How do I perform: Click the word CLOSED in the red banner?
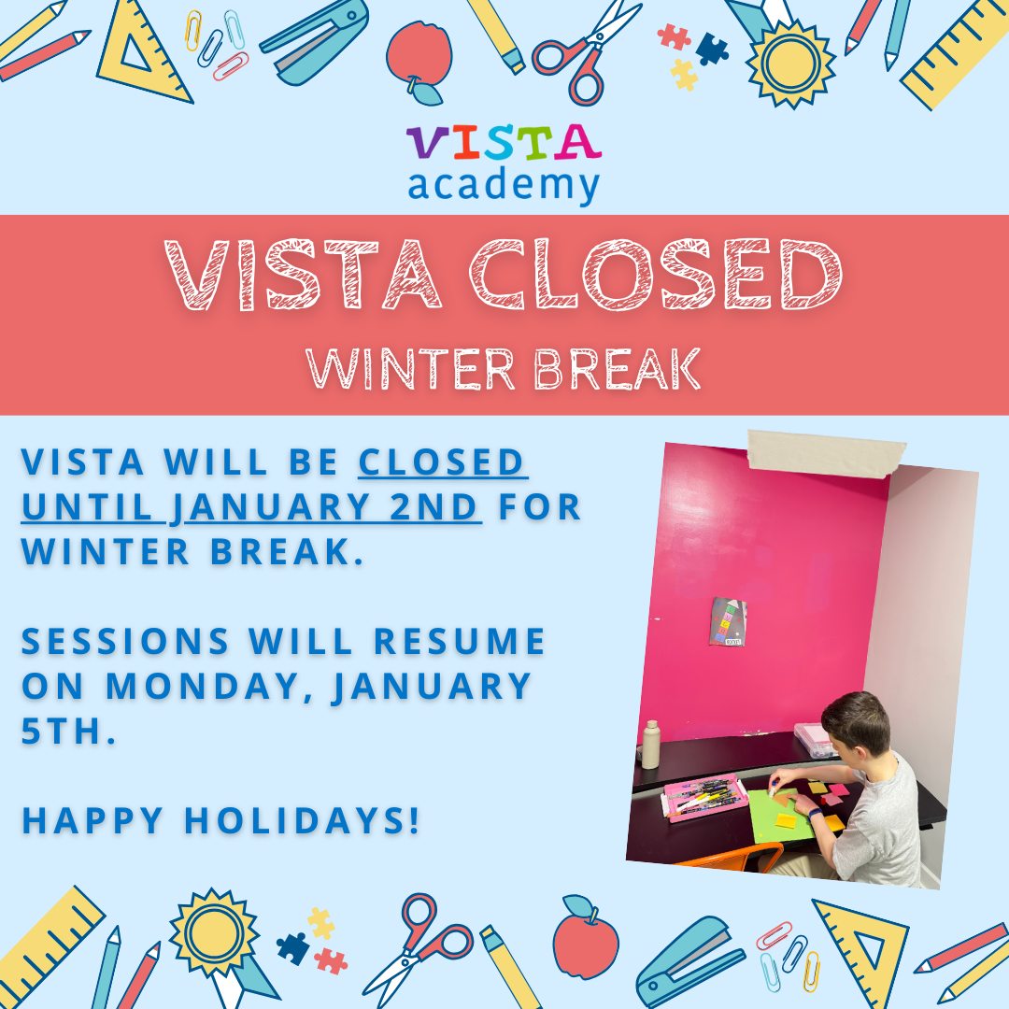[x=655, y=274]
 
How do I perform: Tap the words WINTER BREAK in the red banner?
[x=504, y=369]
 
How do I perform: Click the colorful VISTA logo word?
[x=504, y=142]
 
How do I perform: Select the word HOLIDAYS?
[x=303, y=820]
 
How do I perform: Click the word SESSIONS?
[x=125, y=641]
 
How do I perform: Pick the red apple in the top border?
[x=419, y=59]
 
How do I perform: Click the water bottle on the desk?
[x=651, y=745]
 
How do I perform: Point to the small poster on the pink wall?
[x=728, y=621]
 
